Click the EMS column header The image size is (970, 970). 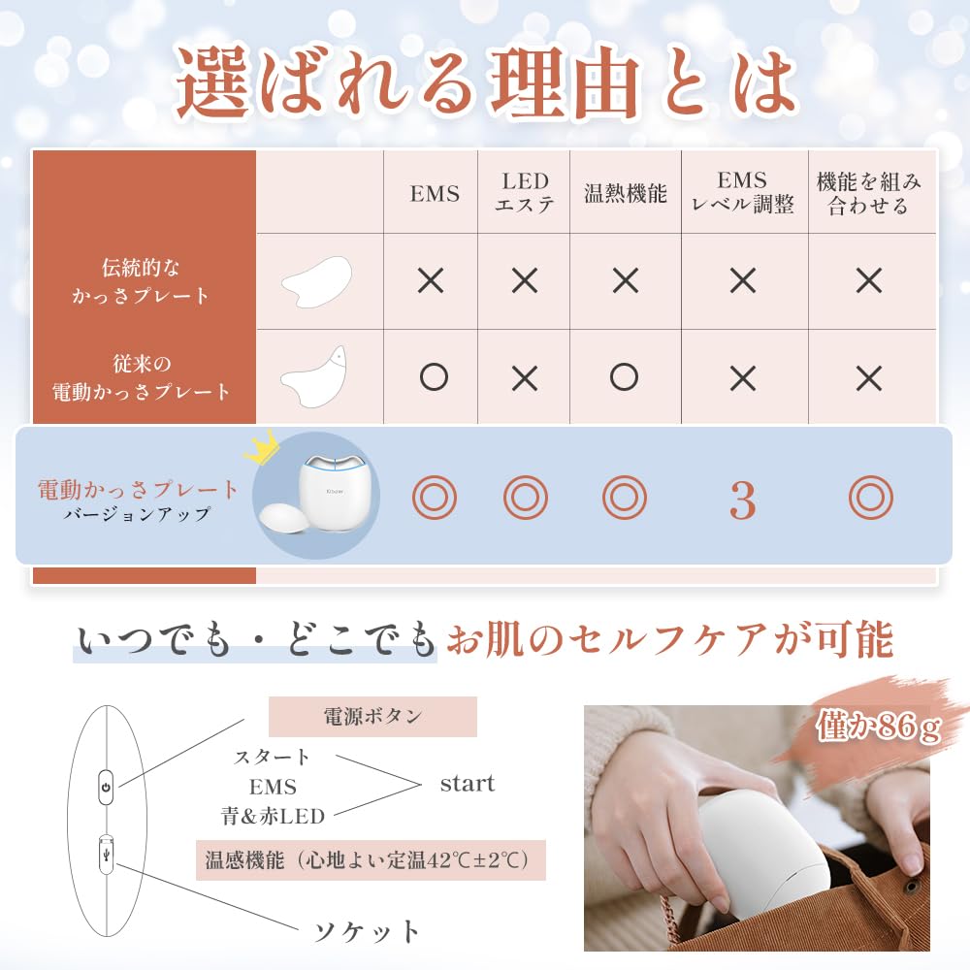coord(434,193)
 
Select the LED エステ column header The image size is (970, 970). coord(525,192)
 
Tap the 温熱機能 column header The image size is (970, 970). coord(626,193)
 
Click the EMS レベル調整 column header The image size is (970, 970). coord(742,192)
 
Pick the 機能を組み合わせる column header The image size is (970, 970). coord(869,192)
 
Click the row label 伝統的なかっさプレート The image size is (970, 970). coord(142,280)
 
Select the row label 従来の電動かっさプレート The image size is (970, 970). coord(142,377)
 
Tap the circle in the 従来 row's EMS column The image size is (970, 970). coord(433,377)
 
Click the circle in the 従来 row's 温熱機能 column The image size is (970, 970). coord(625,377)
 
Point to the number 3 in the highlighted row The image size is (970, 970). coord(742,500)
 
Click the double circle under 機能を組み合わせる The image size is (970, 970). coord(869,499)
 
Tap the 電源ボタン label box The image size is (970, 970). coord(372,717)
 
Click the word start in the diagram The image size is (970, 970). coord(467,783)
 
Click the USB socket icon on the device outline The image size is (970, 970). coord(107,854)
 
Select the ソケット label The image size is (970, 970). coord(367,932)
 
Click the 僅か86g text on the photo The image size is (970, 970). coord(878,727)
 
